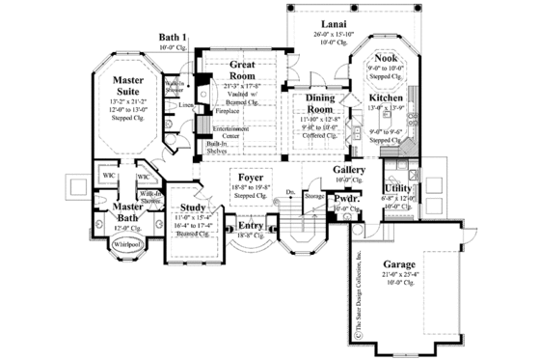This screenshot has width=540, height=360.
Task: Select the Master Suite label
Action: (x=127, y=85)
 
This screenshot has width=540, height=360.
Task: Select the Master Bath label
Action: (x=125, y=212)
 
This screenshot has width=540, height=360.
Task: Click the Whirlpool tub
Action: (x=125, y=244)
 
